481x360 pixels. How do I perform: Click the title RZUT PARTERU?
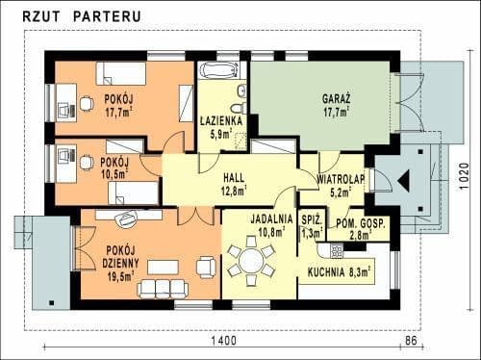point(82,16)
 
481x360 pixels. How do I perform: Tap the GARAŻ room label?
point(336,98)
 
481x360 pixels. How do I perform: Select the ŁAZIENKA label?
point(221,121)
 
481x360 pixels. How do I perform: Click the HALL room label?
point(234,177)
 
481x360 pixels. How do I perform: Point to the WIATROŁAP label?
point(341,179)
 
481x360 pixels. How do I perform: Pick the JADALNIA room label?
point(271,219)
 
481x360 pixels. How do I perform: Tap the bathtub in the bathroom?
point(218,70)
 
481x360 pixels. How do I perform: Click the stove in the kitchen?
point(337,250)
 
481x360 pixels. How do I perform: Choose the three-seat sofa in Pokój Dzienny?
point(162,289)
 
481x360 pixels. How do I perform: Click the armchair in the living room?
point(206,267)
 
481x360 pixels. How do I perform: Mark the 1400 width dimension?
point(224,341)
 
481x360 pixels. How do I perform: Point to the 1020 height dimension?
point(464,176)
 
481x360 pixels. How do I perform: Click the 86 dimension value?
point(411,340)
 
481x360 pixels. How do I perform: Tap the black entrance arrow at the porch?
point(404,181)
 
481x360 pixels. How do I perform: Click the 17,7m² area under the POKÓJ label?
point(119,113)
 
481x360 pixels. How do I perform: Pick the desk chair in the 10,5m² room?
point(86,162)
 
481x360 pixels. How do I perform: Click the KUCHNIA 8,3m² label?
point(340,272)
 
